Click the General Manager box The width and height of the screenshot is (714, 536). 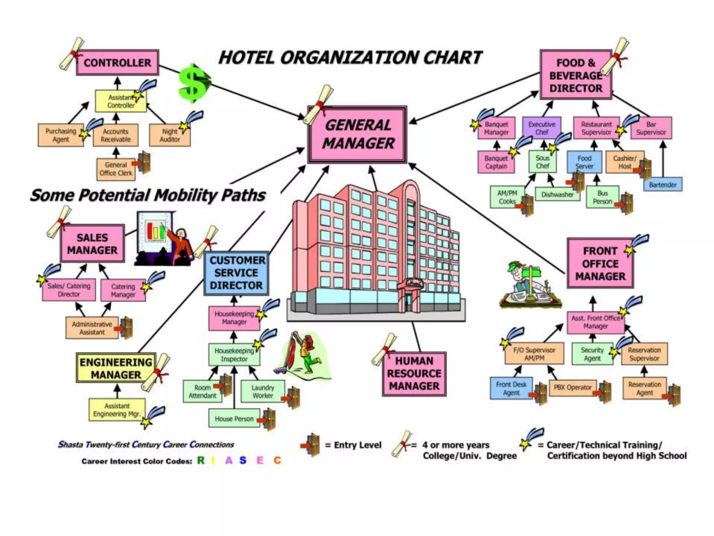[x=357, y=135]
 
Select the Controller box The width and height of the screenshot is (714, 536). [x=117, y=63]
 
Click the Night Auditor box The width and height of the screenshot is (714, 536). [x=170, y=135]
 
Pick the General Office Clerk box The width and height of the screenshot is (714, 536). [x=116, y=169]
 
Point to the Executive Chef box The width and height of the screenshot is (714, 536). [x=541, y=128]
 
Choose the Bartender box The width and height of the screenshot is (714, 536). [x=662, y=185]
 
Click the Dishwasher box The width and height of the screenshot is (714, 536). [x=557, y=194]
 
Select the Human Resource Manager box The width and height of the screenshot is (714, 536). [x=414, y=374]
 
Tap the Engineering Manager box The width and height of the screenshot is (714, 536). [x=116, y=368]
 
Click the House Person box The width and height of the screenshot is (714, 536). [x=234, y=419]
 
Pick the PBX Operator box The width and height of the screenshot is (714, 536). [x=572, y=387]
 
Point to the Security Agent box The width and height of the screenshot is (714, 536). [x=592, y=354]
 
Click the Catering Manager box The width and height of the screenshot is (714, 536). [x=123, y=290]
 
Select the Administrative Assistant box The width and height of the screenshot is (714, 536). [x=92, y=328]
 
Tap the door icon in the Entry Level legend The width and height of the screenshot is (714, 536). [x=311, y=445]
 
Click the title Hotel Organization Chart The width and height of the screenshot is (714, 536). [x=350, y=58]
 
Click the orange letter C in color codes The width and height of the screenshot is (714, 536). [x=277, y=461]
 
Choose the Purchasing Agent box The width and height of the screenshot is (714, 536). [x=61, y=135]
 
